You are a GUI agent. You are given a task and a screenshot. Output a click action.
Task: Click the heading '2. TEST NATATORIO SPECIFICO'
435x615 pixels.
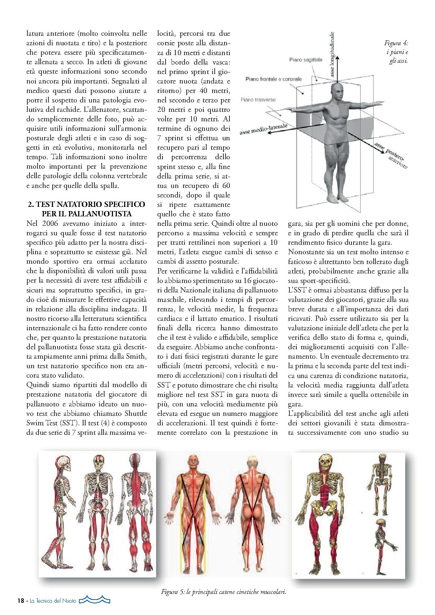86,204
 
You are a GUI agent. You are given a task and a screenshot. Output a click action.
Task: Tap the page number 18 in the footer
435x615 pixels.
21,601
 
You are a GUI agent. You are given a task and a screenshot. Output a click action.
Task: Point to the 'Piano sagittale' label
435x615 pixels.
306,60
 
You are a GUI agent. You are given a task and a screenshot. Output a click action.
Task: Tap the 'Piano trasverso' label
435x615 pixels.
258,100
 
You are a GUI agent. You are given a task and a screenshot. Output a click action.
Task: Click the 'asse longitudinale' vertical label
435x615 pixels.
332,54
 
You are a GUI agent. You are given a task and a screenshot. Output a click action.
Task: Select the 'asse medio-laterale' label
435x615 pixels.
263,129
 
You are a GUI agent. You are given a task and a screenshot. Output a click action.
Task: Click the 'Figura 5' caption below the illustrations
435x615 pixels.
224,592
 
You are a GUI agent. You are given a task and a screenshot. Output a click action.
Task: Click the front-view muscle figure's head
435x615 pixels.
193,461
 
